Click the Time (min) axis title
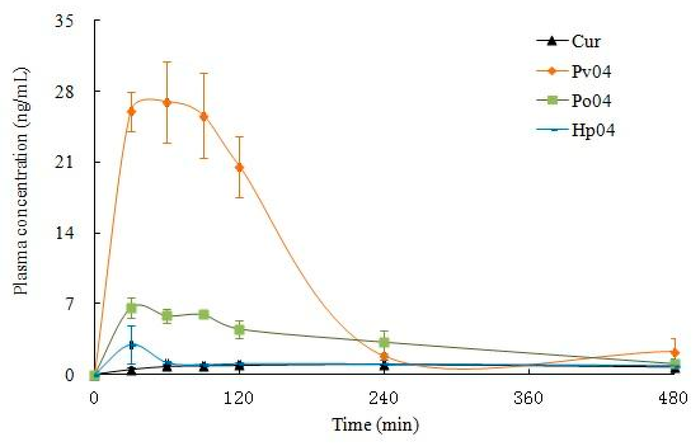tap(375, 425)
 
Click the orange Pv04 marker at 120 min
tap(239, 167)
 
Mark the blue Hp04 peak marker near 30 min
tap(131, 345)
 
